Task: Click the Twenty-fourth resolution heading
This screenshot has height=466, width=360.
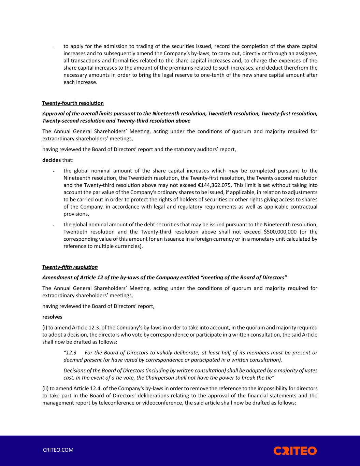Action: pyautogui.click(x=73, y=103)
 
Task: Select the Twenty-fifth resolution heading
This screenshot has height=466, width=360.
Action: pyautogui.click(x=70, y=267)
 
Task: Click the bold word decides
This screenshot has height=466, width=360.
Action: pyautogui.click(x=52, y=160)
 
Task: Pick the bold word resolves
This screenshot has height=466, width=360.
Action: pyautogui.click(x=52, y=317)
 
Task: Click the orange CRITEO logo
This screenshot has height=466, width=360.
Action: pyautogui.click(x=295, y=451)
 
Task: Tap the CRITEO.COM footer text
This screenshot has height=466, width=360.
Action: pyautogui.click(x=58, y=450)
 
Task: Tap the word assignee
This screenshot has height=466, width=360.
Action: pyautogui.click(x=306, y=54)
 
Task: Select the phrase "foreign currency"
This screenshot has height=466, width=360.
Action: pyautogui.click(x=206, y=239)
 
